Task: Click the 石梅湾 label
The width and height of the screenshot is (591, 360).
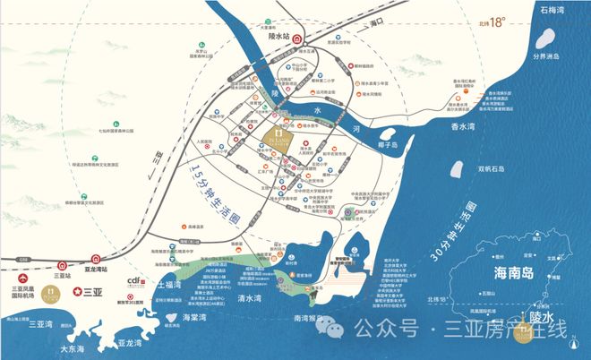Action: [x=562, y=12]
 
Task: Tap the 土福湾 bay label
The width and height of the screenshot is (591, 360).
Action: [x=170, y=285]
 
